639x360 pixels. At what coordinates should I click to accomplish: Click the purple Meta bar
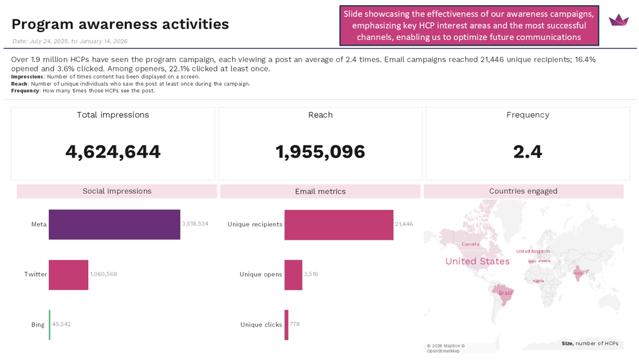[114, 224]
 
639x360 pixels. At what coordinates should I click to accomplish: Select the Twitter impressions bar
[68, 274]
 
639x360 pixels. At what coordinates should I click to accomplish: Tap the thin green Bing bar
[50, 325]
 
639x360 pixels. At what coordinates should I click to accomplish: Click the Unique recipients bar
[338, 224]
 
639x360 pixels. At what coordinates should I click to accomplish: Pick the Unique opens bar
[293, 274]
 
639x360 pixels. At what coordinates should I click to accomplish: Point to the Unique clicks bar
[286, 325]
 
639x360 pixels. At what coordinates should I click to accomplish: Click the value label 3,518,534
[195, 224]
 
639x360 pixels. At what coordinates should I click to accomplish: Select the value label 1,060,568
[104, 274]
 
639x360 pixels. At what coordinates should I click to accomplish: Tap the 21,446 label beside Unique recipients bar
[404, 224]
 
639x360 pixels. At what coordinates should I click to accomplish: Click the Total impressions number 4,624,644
[113, 152]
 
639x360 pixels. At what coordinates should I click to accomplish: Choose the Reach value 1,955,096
[320, 152]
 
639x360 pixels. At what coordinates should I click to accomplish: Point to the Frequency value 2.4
[528, 152]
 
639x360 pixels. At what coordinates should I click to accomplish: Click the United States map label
[477, 261]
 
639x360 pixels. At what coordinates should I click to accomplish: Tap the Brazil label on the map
[506, 293]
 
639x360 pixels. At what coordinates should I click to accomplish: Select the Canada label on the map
[470, 244]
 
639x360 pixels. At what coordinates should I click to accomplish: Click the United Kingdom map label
[533, 251]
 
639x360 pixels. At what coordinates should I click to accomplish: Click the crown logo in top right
[618, 20]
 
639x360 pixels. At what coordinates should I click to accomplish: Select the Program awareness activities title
[120, 24]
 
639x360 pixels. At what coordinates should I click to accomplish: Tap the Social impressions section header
[116, 191]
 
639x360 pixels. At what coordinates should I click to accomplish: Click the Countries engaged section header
[523, 191]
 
